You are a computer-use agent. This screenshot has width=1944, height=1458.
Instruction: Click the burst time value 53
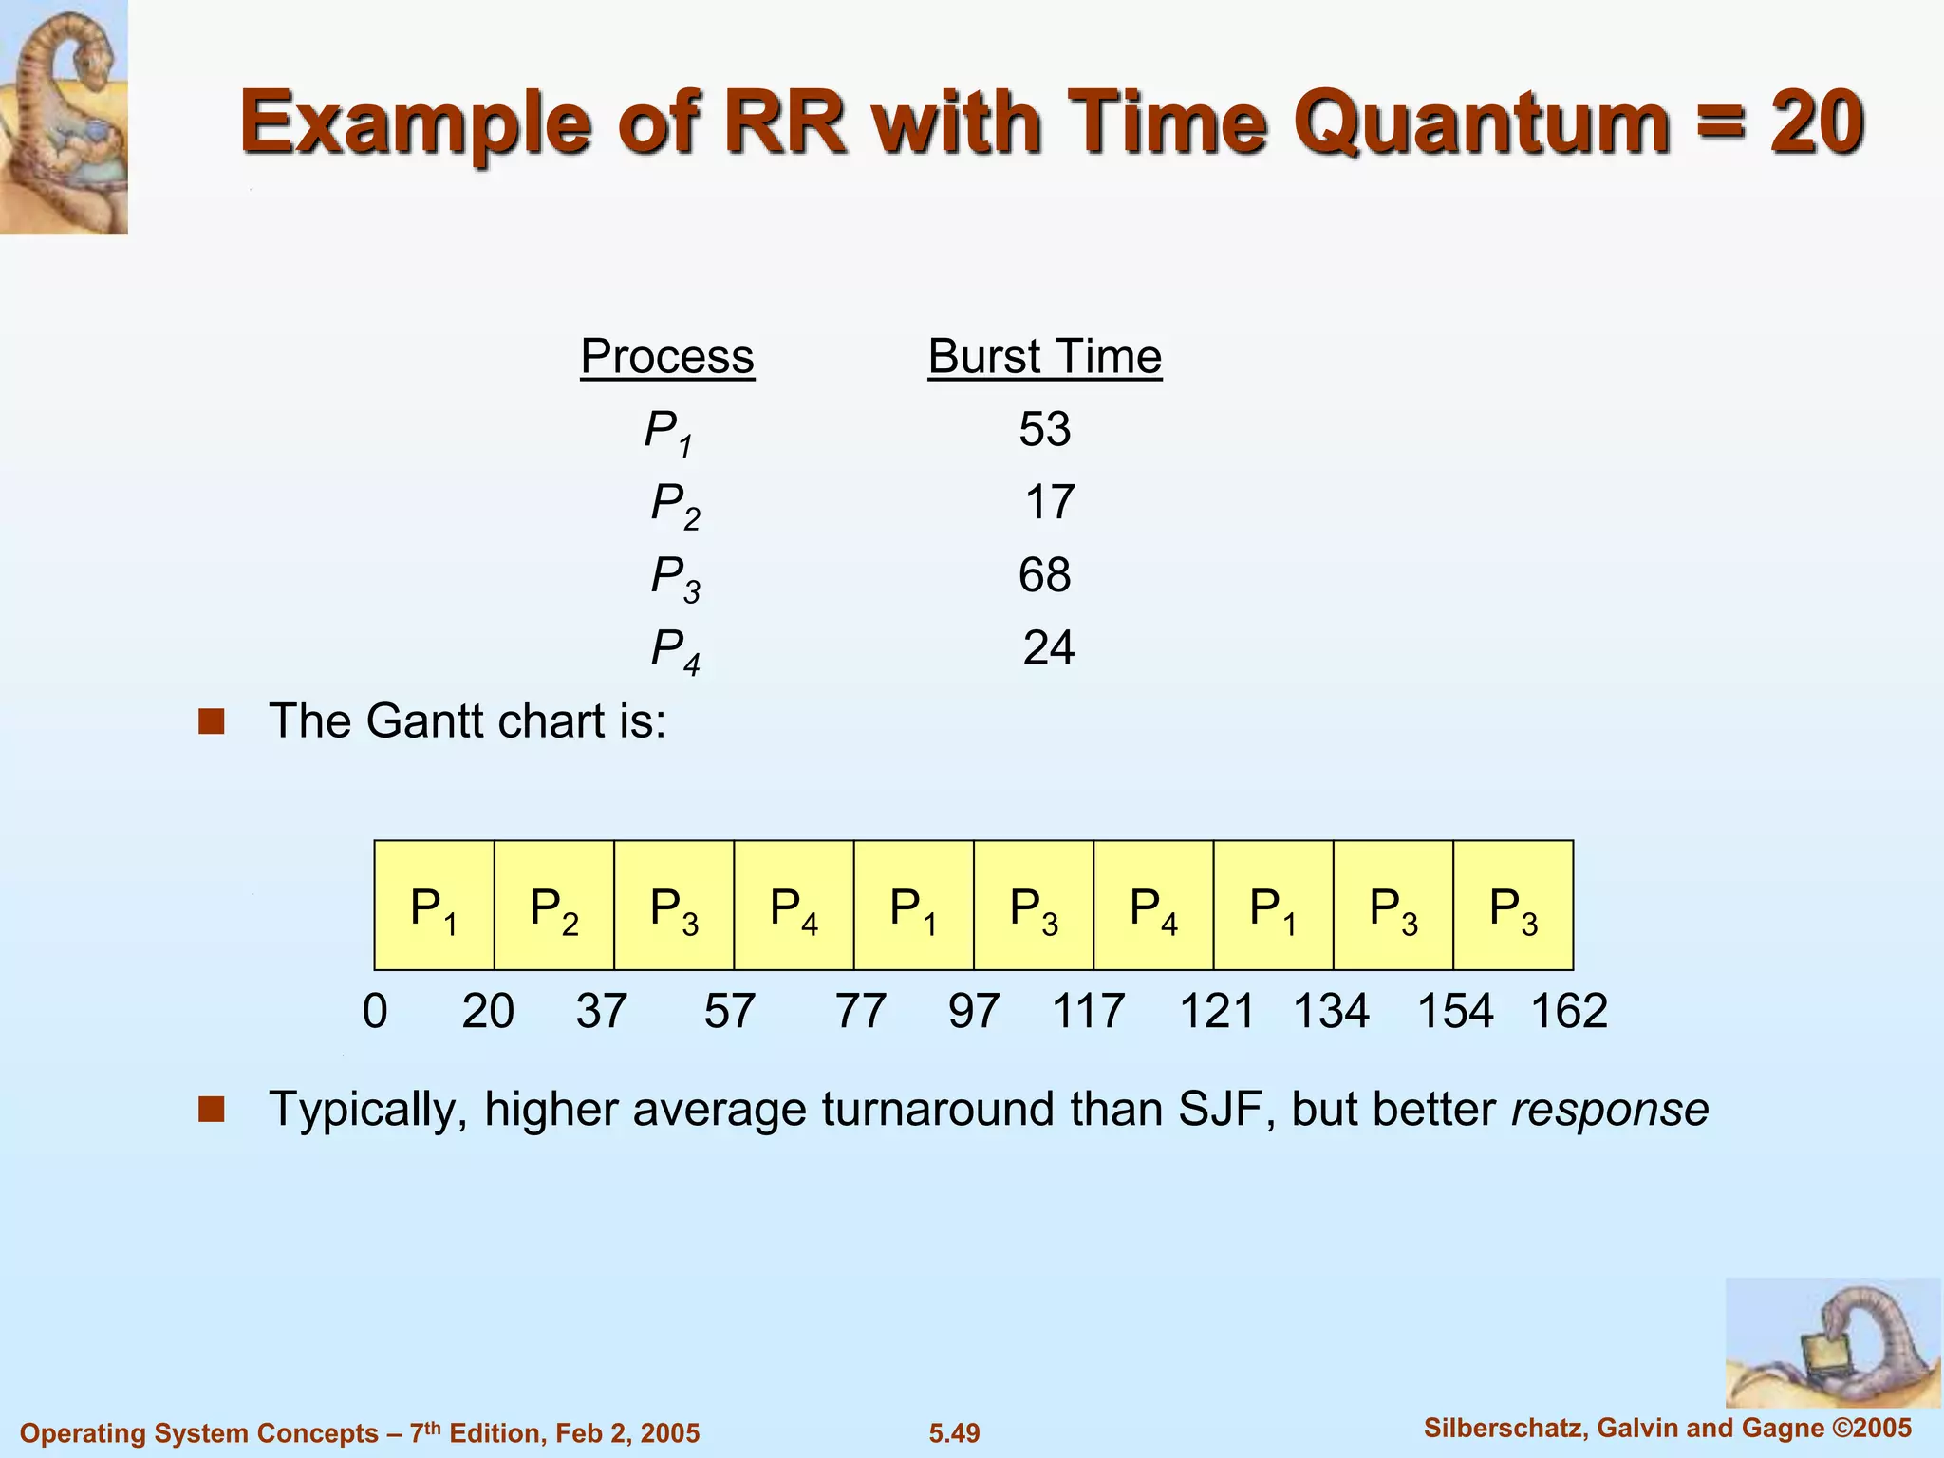pos(1044,429)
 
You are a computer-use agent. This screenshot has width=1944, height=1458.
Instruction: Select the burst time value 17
pos(1049,502)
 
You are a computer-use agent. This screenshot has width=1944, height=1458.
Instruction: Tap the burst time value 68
pos(1044,575)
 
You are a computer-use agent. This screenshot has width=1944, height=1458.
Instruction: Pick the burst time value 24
pos(1048,648)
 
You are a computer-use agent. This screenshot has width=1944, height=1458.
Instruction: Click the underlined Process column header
pos(667,357)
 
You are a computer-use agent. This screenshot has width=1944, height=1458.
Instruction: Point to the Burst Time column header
pos(1044,357)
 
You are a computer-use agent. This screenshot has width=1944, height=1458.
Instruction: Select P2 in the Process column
pos(675,505)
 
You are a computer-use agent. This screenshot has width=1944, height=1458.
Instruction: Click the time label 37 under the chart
pos(601,1011)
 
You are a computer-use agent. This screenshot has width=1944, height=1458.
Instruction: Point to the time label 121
pos(1217,1011)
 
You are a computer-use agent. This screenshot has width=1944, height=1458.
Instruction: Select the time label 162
pos(1569,1011)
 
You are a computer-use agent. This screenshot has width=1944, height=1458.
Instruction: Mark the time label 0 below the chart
pos(375,1011)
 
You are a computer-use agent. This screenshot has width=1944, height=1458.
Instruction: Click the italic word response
pos(1610,1110)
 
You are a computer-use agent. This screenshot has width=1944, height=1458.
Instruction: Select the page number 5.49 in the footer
pos(954,1433)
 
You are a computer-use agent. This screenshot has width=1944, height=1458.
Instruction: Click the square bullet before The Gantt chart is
pos(211,722)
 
